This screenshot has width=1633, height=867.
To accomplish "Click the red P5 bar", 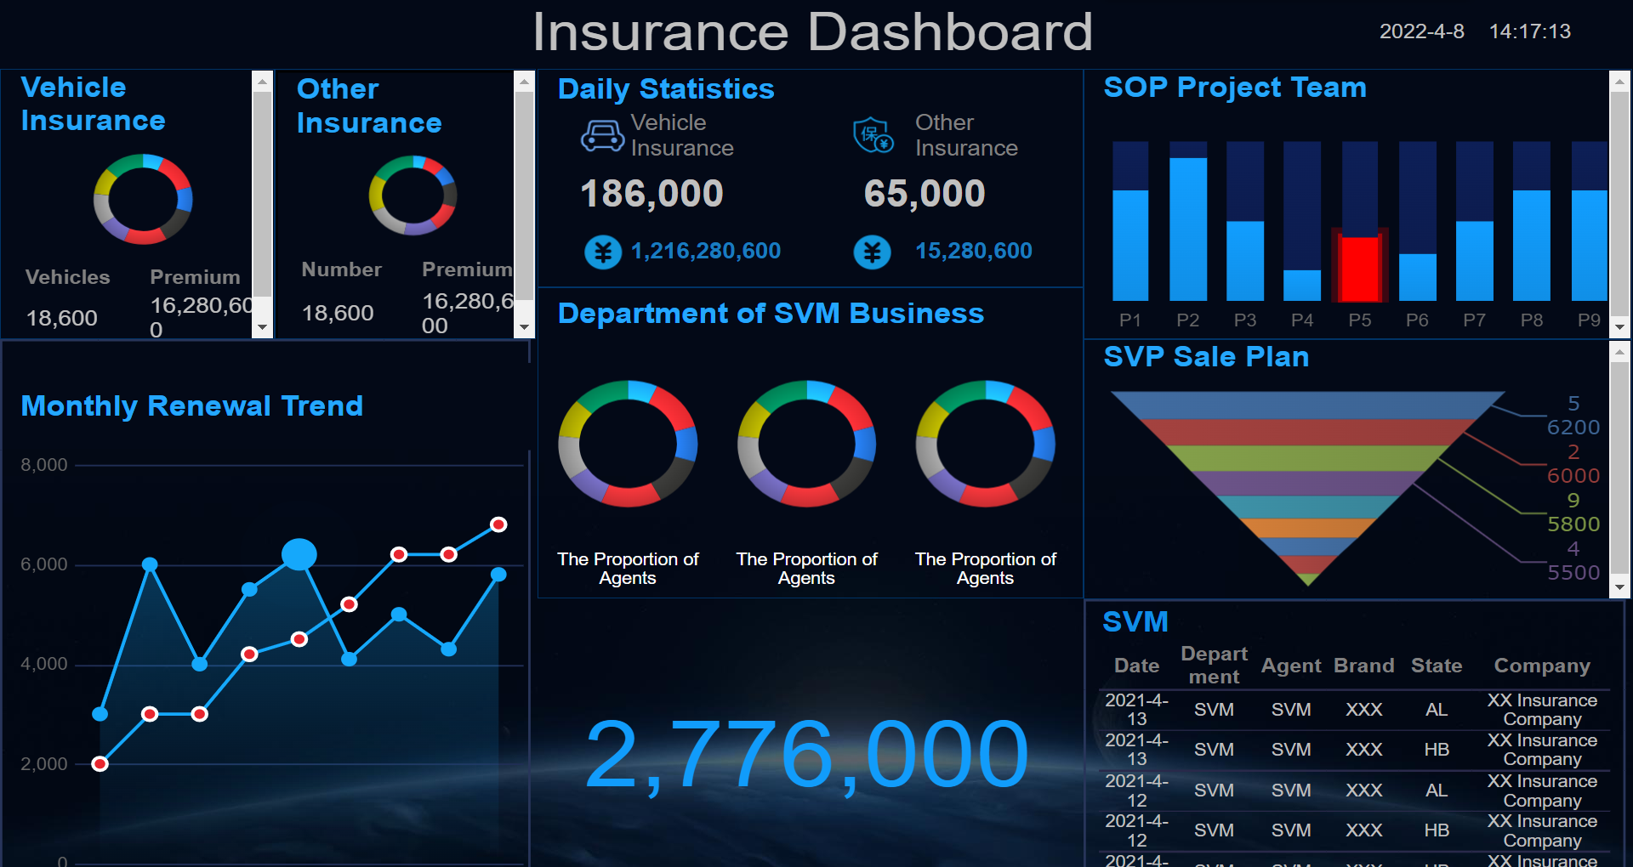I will (1359, 268).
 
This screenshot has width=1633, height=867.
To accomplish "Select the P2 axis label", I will (1187, 320).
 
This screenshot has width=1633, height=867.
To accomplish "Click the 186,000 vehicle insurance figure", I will (651, 194).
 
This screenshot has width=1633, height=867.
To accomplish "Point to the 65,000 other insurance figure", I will (924, 194).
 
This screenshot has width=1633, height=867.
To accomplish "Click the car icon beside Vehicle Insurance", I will (602, 136).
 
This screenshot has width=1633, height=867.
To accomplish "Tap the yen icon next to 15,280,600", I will (872, 252).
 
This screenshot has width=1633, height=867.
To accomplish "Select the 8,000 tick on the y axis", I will (44, 465).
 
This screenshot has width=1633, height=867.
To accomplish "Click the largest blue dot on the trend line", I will (299, 554).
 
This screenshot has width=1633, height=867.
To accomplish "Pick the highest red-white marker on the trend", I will (499, 524).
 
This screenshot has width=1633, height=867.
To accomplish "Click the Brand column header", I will (1363, 666).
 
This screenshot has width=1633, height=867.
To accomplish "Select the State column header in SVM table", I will (1436, 666).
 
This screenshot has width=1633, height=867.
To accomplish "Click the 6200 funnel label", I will (1573, 427).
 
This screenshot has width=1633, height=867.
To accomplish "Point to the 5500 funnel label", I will (1573, 572).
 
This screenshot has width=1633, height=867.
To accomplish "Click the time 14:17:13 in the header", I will (1529, 31).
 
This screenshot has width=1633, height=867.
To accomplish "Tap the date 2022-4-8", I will (1421, 31).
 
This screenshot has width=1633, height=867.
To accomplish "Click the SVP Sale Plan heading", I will (1205, 357).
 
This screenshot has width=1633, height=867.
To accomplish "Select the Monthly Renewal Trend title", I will (191, 406).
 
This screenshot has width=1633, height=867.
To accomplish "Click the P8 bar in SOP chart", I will (1531, 245).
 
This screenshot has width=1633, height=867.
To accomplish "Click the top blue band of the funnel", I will (1307, 405).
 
